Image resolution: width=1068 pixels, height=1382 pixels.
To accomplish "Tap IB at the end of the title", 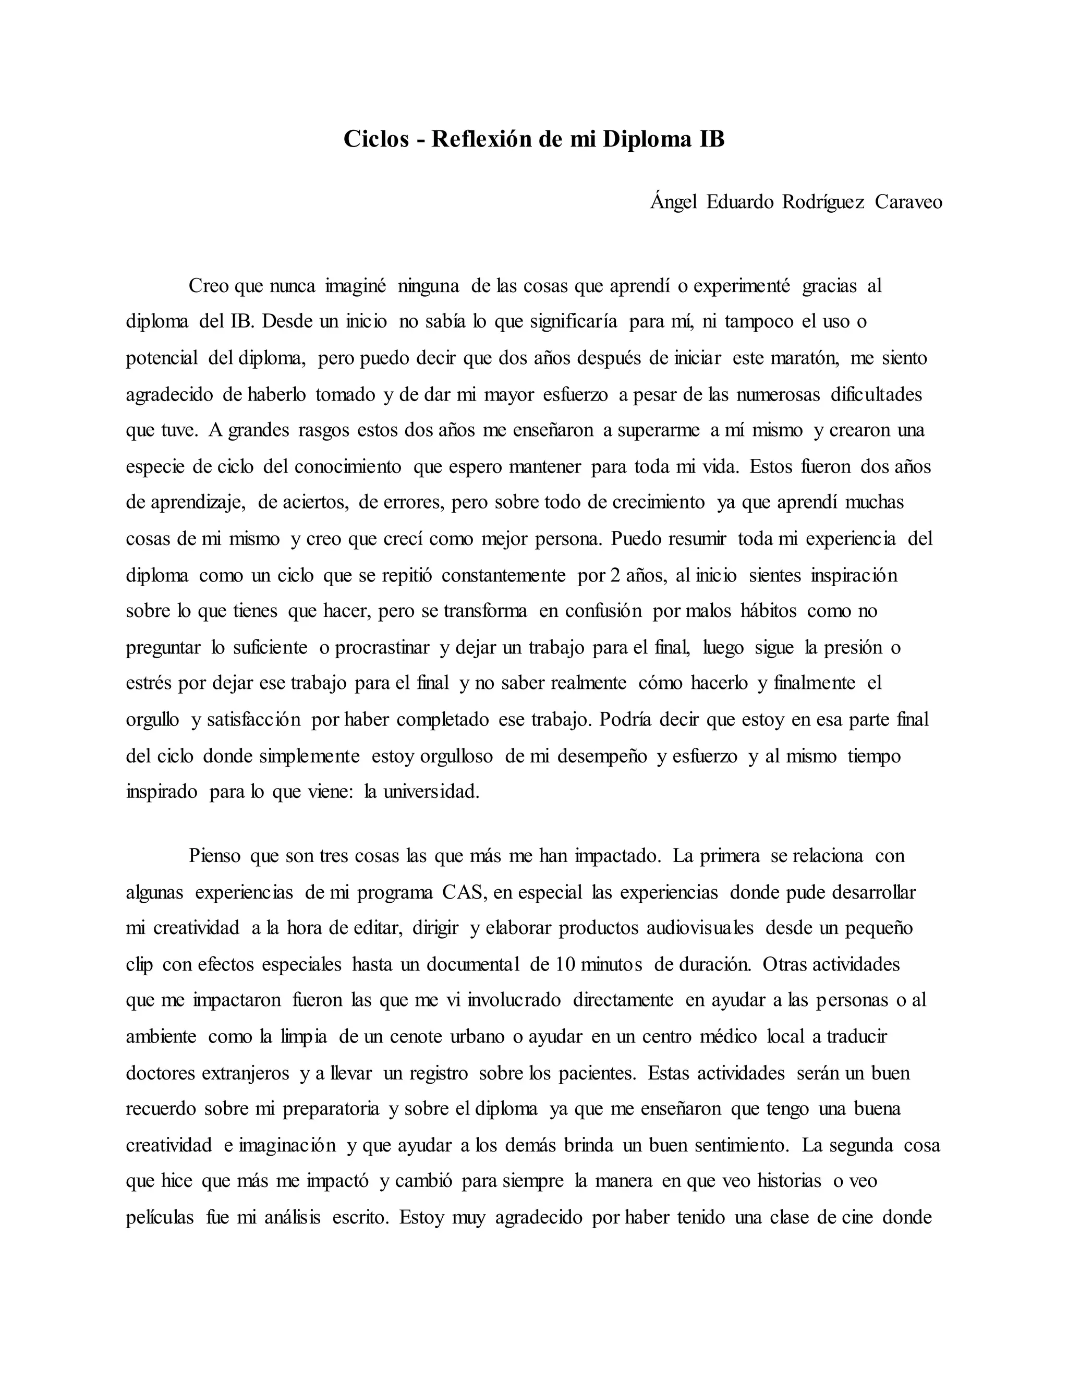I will pyautogui.click(x=711, y=139).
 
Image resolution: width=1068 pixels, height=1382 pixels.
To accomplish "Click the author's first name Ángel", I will pyautogui.click(x=673, y=202).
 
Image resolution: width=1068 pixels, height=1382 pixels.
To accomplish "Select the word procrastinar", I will pyautogui.click(x=382, y=647).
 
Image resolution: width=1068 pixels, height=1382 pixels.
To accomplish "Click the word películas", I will pyautogui.click(x=160, y=1218).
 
